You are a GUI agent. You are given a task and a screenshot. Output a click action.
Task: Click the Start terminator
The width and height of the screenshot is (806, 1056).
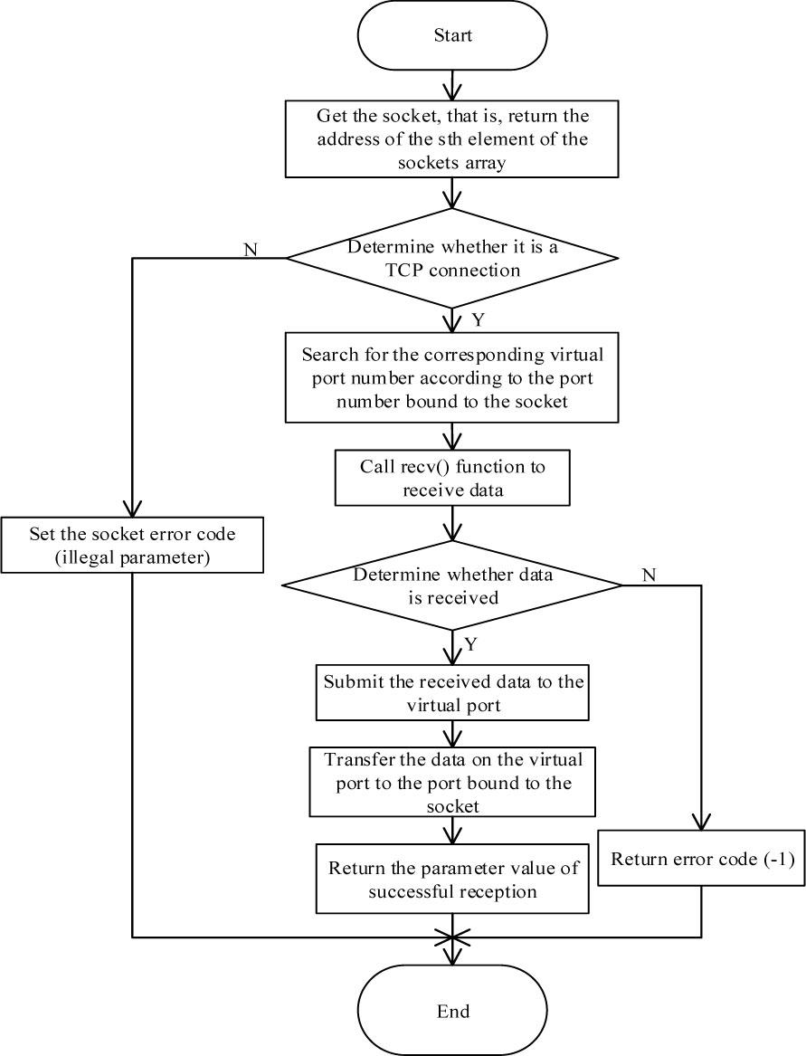pyautogui.click(x=452, y=37)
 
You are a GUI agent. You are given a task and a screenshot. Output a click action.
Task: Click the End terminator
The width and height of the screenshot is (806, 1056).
pyautogui.click(x=452, y=1010)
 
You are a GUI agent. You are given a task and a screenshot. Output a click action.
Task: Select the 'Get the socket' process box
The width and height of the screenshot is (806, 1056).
pyautogui.click(x=452, y=139)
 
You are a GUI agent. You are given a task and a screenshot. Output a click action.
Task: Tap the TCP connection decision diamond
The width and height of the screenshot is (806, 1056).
pyautogui.click(x=452, y=259)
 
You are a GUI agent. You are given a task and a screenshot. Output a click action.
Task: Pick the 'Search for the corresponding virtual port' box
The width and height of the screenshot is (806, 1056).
pyautogui.click(x=452, y=377)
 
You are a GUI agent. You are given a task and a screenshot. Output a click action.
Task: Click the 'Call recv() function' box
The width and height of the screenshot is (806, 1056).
pyautogui.click(x=452, y=479)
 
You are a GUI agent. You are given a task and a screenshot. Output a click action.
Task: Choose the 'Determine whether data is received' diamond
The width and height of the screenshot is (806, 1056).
pyautogui.click(x=452, y=585)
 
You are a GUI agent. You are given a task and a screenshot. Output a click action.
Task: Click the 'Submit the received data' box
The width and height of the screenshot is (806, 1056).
pyautogui.click(x=452, y=692)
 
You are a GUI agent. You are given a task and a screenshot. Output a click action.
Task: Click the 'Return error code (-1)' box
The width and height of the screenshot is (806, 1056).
pyautogui.click(x=702, y=858)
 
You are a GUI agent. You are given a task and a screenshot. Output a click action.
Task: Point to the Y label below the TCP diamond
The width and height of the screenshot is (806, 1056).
pyautogui.click(x=478, y=320)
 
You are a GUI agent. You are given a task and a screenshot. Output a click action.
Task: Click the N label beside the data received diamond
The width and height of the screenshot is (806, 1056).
pyautogui.click(x=648, y=575)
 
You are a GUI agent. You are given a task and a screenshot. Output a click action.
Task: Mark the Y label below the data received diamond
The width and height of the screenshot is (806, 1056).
pyautogui.click(x=470, y=643)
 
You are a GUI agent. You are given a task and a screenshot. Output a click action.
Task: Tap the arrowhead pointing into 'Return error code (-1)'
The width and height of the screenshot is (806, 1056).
pyautogui.click(x=701, y=822)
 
